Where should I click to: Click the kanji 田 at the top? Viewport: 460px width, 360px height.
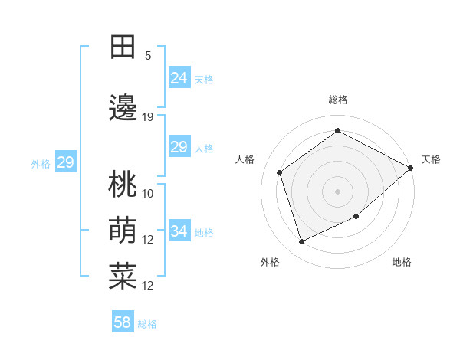[123, 47]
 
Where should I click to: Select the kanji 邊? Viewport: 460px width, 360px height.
[123, 110]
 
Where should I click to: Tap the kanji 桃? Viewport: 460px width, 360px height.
[123, 185]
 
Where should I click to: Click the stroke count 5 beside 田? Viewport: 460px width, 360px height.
[148, 56]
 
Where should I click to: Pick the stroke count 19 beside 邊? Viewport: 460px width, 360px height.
[148, 117]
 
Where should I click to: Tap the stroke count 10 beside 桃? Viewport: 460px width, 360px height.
[148, 193]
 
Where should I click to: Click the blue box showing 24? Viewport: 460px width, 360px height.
[179, 77]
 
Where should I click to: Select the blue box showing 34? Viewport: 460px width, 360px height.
[179, 231]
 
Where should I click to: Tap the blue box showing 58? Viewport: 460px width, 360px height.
[123, 322]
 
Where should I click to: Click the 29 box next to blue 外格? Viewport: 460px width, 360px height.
[65, 162]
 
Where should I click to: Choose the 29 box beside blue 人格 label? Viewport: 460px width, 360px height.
[179, 147]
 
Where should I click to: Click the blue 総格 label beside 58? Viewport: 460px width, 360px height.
[147, 324]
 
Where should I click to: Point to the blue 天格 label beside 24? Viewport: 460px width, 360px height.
[204, 80]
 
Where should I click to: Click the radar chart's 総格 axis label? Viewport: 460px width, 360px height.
[337, 100]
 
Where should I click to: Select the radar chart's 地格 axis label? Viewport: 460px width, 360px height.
[402, 262]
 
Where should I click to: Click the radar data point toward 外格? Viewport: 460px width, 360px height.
[301, 242]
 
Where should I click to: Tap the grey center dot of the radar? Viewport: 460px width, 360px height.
[337, 191]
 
